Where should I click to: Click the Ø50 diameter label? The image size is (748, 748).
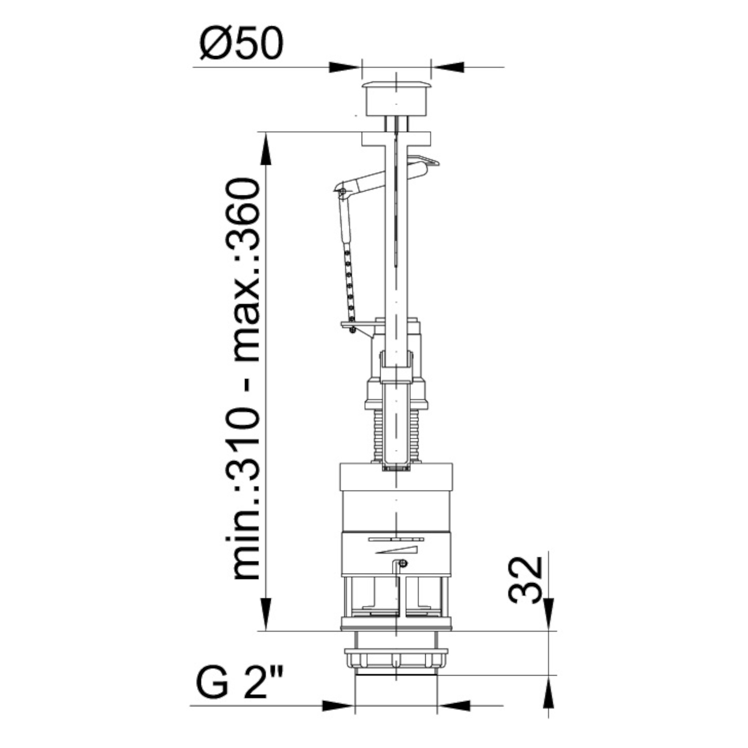point(241,43)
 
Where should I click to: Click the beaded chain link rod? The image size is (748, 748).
point(348,280)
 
